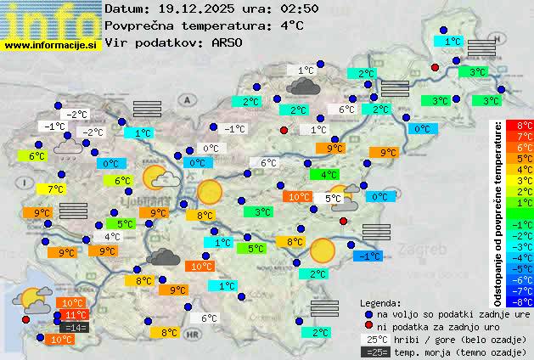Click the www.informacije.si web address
coord(51,45)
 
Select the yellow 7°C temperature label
coord(56,188)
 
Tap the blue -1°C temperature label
coord(369,256)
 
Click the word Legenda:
coord(380,302)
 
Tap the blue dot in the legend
coord(368,313)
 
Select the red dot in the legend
coord(368,326)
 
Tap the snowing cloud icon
coord(68,149)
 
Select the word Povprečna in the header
coord(142,25)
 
